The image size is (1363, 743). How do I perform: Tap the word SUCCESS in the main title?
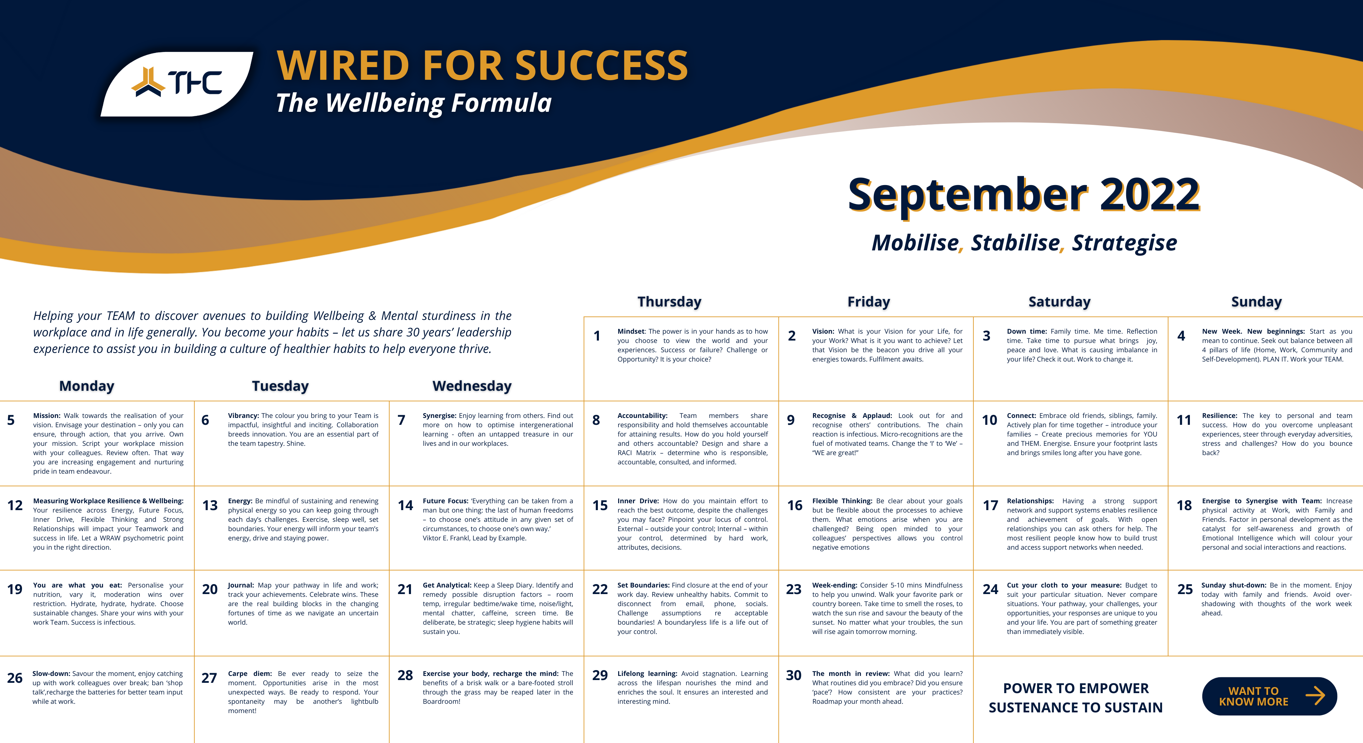[x=602, y=66]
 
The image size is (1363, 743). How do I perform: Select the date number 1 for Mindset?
[x=597, y=336]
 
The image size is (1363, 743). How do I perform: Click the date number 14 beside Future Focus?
[x=405, y=506]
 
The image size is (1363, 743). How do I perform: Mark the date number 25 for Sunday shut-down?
[x=1185, y=590]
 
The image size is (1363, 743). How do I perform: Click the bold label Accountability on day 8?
[x=642, y=416]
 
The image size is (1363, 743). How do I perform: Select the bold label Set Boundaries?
[x=643, y=585]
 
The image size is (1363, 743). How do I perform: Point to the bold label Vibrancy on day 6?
[x=243, y=416]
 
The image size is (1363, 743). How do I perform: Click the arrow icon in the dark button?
[x=1316, y=696]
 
